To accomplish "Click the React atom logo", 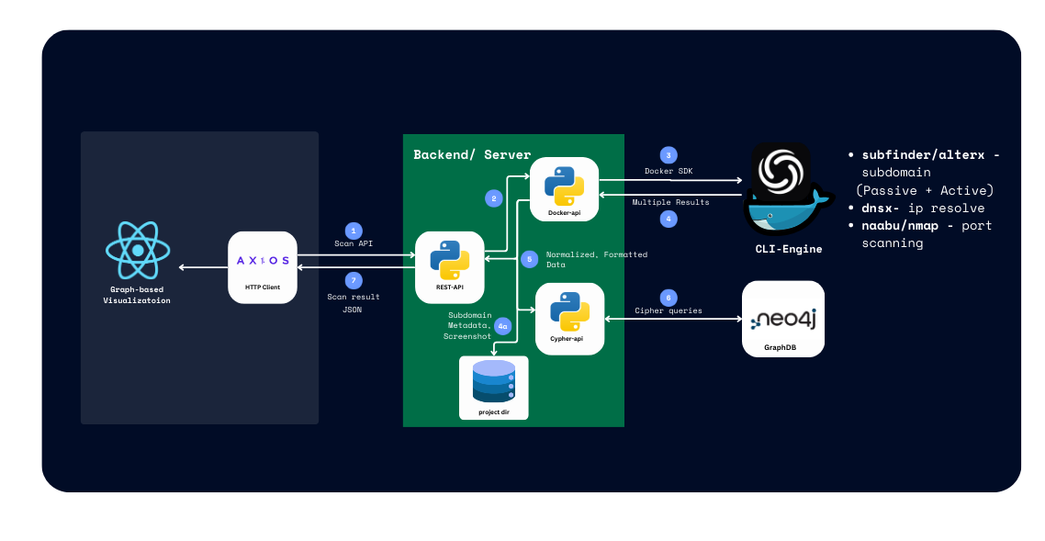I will click(138, 250).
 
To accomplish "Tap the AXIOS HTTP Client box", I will click(263, 266).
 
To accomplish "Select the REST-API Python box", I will click(450, 266).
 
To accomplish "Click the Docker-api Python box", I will click(564, 188).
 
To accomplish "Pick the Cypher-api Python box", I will click(569, 319).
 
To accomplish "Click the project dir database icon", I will click(494, 387).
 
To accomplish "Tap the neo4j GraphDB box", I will click(782, 319).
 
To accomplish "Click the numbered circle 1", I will click(354, 230).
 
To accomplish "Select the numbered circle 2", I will click(493, 197).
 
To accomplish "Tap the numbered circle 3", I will click(669, 155).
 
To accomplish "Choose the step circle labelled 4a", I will click(502, 325).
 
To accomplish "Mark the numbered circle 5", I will click(528, 260).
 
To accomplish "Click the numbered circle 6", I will click(669, 298).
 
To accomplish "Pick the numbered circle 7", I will click(354, 280).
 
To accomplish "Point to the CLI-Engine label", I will click(789, 249).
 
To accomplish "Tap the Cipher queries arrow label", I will click(669, 311).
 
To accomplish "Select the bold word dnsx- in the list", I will click(880, 209).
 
